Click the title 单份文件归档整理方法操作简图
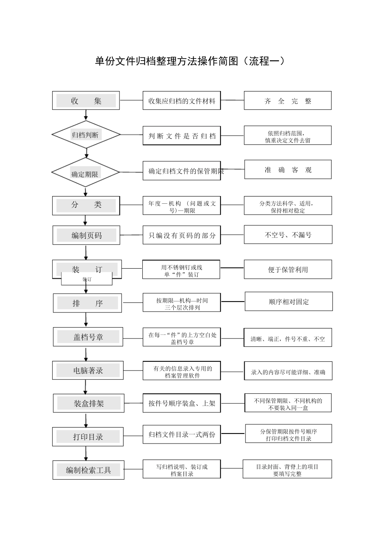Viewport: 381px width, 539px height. pos(190,61)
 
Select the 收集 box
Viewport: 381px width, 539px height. pos(86,101)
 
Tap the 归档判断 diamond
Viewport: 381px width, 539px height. pos(86,135)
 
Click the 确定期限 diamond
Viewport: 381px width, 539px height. pos(85,172)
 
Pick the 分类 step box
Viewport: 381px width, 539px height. pos(86,205)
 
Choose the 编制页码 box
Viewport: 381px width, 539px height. pos(86,235)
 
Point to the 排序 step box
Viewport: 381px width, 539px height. pos(87,303)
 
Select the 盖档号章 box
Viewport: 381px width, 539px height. pos(88,337)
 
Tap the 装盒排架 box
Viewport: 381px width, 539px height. pos(88,403)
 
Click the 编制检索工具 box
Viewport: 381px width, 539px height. pos(88,470)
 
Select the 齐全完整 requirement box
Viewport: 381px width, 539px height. pos(288,101)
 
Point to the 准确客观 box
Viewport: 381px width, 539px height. pos(288,170)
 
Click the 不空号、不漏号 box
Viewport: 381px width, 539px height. pos(288,235)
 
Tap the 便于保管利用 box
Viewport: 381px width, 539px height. pos(288,269)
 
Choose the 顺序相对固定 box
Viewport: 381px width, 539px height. pos(289,302)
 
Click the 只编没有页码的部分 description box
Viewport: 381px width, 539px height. pos(182,235)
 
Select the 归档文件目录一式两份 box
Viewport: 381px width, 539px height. pos(182,434)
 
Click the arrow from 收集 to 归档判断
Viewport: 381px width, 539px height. pos(86,115)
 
